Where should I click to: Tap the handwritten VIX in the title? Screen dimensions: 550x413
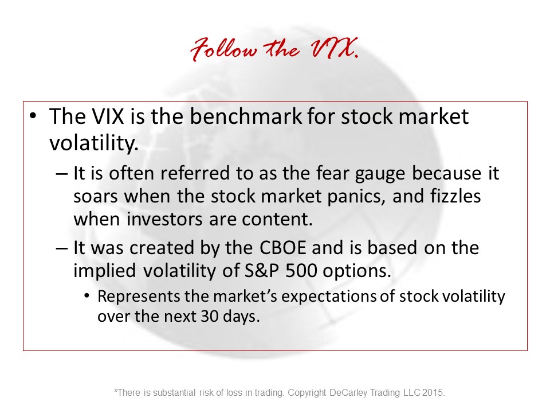click(x=333, y=48)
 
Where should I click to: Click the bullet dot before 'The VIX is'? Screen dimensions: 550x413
click(x=33, y=116)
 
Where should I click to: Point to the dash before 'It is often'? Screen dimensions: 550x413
click(x=61, y=173)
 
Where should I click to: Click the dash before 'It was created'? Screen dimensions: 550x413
click(x=61, y=248)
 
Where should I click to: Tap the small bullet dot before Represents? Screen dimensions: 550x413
click(x=87, y=296)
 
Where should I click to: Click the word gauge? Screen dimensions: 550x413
click(x=380, y=174)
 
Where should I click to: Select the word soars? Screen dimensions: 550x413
click(x=96, y=197)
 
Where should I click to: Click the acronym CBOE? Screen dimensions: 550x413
click(x=282, y=248)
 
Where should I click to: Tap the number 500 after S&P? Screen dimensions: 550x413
click(x=301, y=270)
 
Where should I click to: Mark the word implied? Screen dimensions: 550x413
click(x=104, y=272)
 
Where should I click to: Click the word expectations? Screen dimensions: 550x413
click(x=329, y=297)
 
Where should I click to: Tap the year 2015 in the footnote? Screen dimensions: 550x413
click(x=433, y=392)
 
